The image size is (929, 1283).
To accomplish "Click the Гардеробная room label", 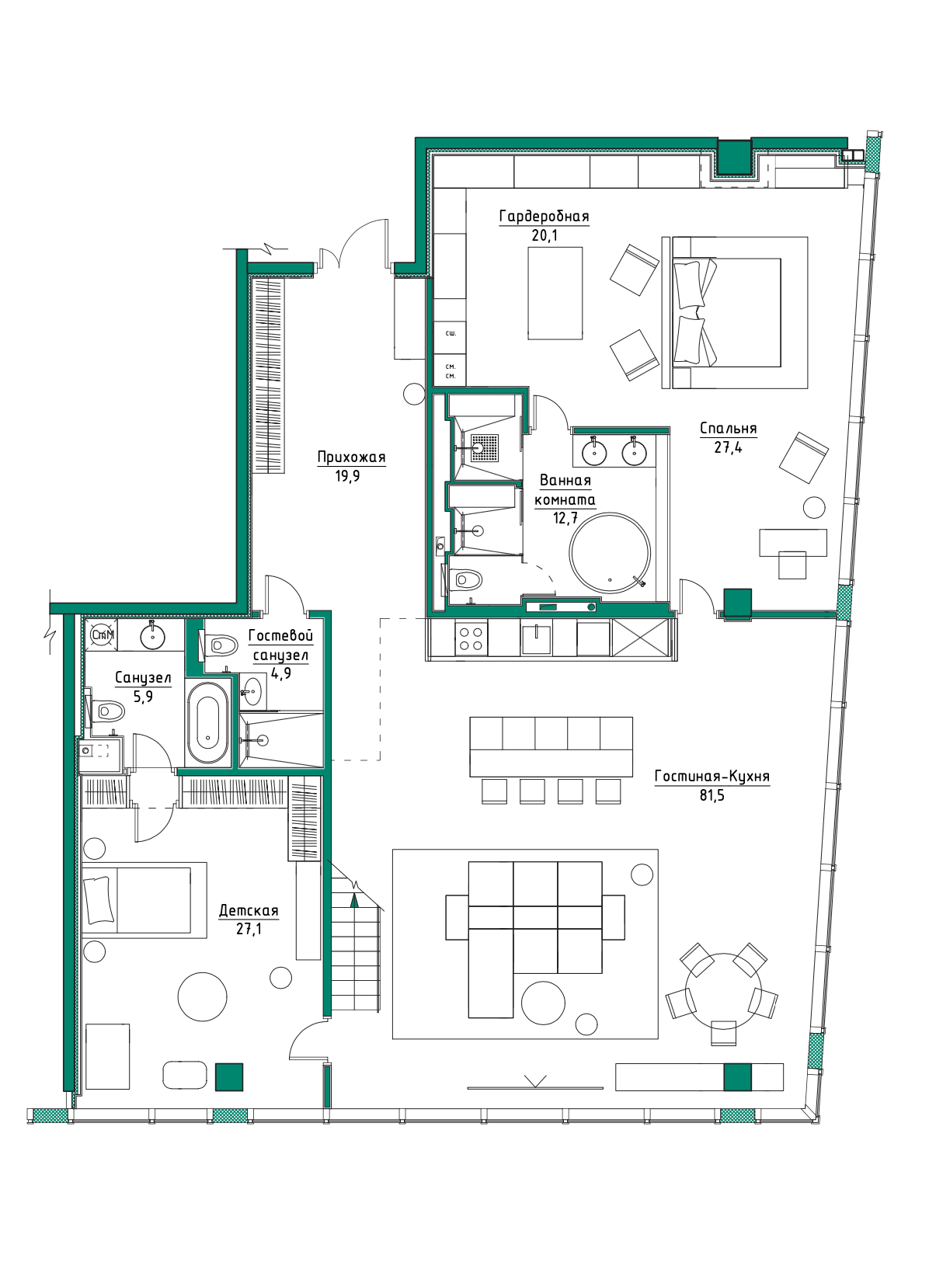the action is tap(544, 217).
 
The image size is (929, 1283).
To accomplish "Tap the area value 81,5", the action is tap(712, 795).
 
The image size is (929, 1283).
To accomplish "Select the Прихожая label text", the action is tap(352, 457).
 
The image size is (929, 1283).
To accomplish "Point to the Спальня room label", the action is tap(728, 429).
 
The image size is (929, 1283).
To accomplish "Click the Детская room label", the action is tap(249, 911).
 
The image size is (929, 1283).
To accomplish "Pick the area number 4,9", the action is tap(280, 673).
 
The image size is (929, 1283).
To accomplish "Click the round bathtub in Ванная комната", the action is tap(610, 552).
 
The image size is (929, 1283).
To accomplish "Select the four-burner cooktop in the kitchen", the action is tap(471, 638).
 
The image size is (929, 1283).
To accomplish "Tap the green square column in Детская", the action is tap(229, 1076).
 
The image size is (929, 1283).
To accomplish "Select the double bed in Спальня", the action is tap(726, 312).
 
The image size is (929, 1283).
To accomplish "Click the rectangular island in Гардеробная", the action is tap(555, 294).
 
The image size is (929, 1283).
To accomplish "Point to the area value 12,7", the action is tap(565, 517).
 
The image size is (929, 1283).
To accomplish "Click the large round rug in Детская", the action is tap(202, 996).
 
